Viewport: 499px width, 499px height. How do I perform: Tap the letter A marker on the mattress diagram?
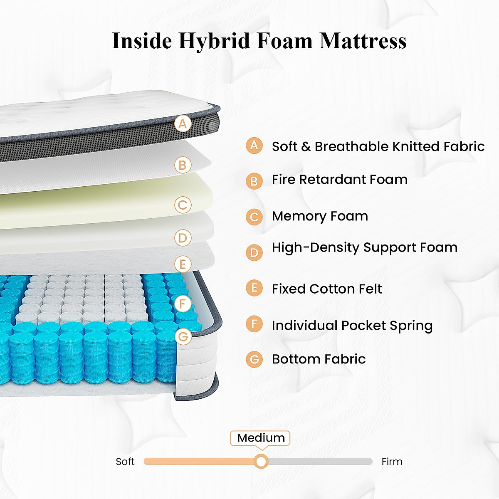pyautogui.click(x=183, y=124)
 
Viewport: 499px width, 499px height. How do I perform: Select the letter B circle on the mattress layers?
pyautogui.click(x=183, y=165)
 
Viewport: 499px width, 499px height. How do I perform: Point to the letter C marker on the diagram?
pyautogui.click(x=183, y=205)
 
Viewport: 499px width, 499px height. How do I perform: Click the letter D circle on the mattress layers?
pyautogui.click(x=183, y=238)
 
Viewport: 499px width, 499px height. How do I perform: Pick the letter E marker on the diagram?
pyautogui.click(x=183, y=264)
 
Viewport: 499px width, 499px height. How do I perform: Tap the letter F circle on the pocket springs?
pyautogui.click(x=183, y=304)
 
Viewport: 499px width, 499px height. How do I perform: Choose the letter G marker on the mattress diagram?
pyautogui.click(x=183, y=336)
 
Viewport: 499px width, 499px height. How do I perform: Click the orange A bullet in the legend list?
pyautogui.click(x=254, y=146)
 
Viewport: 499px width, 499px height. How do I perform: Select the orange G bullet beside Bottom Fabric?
pyautogui.click(x=254, y=359)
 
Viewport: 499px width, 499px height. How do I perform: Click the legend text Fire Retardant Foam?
pyautogui.click(x=339, y=179)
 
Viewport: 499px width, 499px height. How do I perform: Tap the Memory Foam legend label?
pyautogui.click(x=320, y=216)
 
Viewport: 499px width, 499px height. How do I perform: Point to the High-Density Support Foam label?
pyautogui.click(x=364, y=247)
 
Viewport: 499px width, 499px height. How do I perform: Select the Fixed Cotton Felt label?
pyautogui.click(x=327, y=289)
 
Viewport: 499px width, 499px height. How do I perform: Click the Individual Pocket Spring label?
pyautogui.click(x=352, y=325)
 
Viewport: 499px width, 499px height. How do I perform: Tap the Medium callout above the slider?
pyautogui.click(x=261, y=438)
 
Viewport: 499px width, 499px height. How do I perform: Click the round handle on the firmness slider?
pyautogui.click(x=261, y=461)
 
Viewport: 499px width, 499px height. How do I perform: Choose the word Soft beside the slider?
pyautogui.click(x=125, y=462)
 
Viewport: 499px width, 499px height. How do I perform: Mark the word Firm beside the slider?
pyautogui.click(x=392, y=462)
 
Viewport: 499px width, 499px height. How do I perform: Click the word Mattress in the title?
pyautogui.click(x=363, y=41)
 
